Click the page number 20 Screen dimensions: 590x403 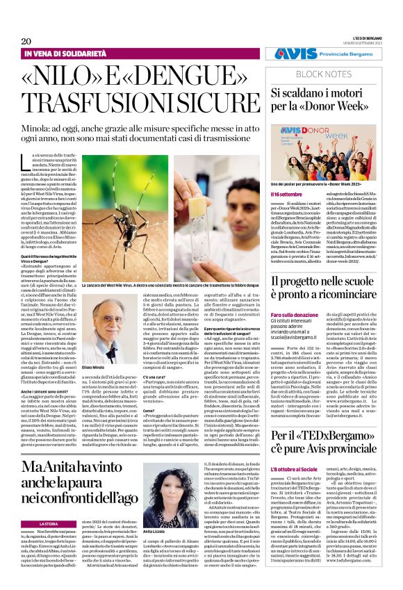pyautogui.click(x=26, y=41)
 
